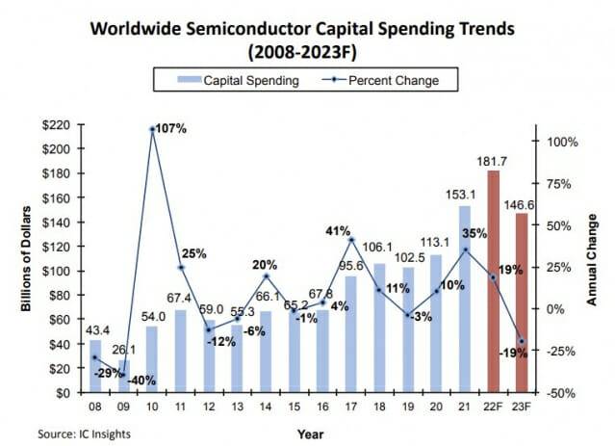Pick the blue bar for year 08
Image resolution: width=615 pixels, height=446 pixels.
point(95,366)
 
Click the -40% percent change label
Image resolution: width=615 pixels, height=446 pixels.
point(144,380)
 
